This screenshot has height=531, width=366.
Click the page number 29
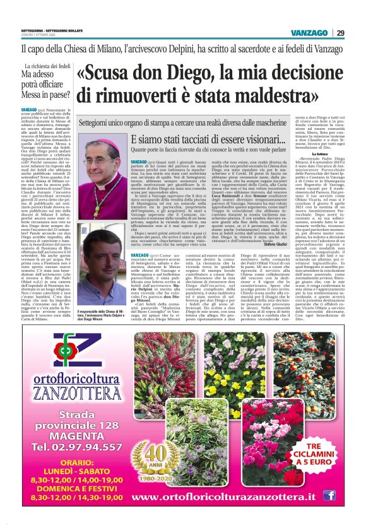click(x=341, y=33)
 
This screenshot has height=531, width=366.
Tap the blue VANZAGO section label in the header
click(x=309, y=33)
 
